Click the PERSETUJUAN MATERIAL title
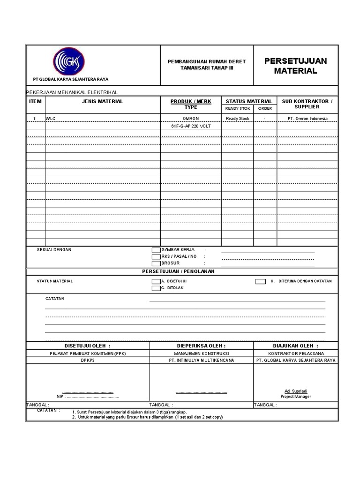pyautogui.click(x=295, y=66)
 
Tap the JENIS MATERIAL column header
pyautogui.click(x=103, y=101)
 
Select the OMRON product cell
pyautogui.click(x=191, y=119)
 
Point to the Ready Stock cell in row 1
pyautogui.click(x=238, y=119)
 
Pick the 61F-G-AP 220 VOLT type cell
pyautogui.click(x=191, y=126)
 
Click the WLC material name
pyautogui.click(x=51, y=119)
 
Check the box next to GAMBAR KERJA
pyautogui.click(x=156, y=250)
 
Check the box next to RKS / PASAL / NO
pyautogui.click(x=156, y=257)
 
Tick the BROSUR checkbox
pyautogui.click(x=156, y=263)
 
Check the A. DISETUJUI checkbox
pyautogui.click(x=156, y=281)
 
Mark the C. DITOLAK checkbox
pyautogui.click(x=156, y=288)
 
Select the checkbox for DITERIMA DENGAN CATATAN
pyautogui.click(x=260, y=281)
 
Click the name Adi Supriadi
pyautogui.click(x=296, y=391)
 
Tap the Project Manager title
pyautogui.click(x=296, y=397)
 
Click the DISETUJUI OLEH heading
pyautogui.click(x=88, y=345)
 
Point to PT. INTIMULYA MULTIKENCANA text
pyautogui.click(x=202, y=360)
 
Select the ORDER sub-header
pyautogui.click(x=265, y=108)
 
